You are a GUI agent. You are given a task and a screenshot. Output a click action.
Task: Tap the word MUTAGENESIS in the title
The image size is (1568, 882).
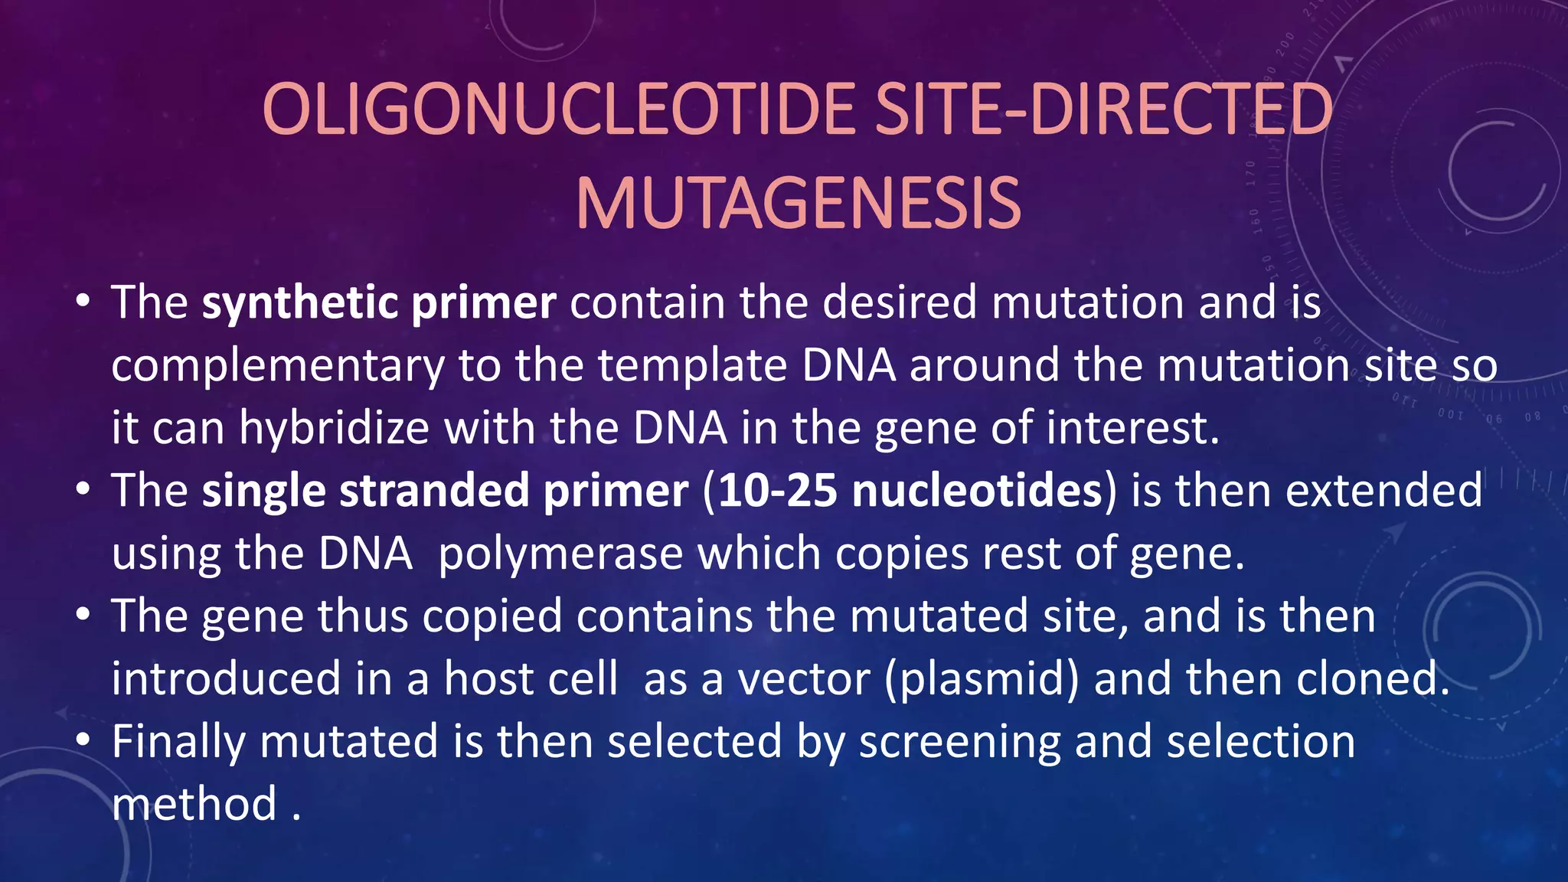pyautogui.click(x=798, y=204)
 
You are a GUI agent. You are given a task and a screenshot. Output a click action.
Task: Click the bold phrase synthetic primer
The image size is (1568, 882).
pyautogui.click(x=378, y=303)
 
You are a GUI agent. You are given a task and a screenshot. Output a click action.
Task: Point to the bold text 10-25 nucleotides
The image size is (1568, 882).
pyautogui.click(x=910, y=491)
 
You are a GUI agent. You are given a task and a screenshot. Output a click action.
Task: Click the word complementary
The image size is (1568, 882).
pyautogui.click(x=277, y=367)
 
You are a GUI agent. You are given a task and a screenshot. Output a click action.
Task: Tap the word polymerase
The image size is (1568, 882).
pyautogui.click(x=560, y=554)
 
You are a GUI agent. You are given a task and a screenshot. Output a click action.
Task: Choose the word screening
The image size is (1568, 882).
pyautogui.click(x=959, y=743)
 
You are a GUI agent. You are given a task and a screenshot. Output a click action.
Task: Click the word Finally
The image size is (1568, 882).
pyautogui.click(x=178, y=743)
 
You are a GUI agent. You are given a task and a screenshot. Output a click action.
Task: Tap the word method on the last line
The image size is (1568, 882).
pyautogui.click(x=194, y=805)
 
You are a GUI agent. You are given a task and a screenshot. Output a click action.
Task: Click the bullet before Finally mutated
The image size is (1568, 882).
pyautogui.click(x=83, y=740)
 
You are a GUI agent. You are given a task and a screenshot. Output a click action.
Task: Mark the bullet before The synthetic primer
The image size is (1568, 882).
pyautogui.click(x=83, y=301)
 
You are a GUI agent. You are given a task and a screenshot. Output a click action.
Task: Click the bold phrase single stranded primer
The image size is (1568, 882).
pyautogui.click(x=444, y=491)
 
